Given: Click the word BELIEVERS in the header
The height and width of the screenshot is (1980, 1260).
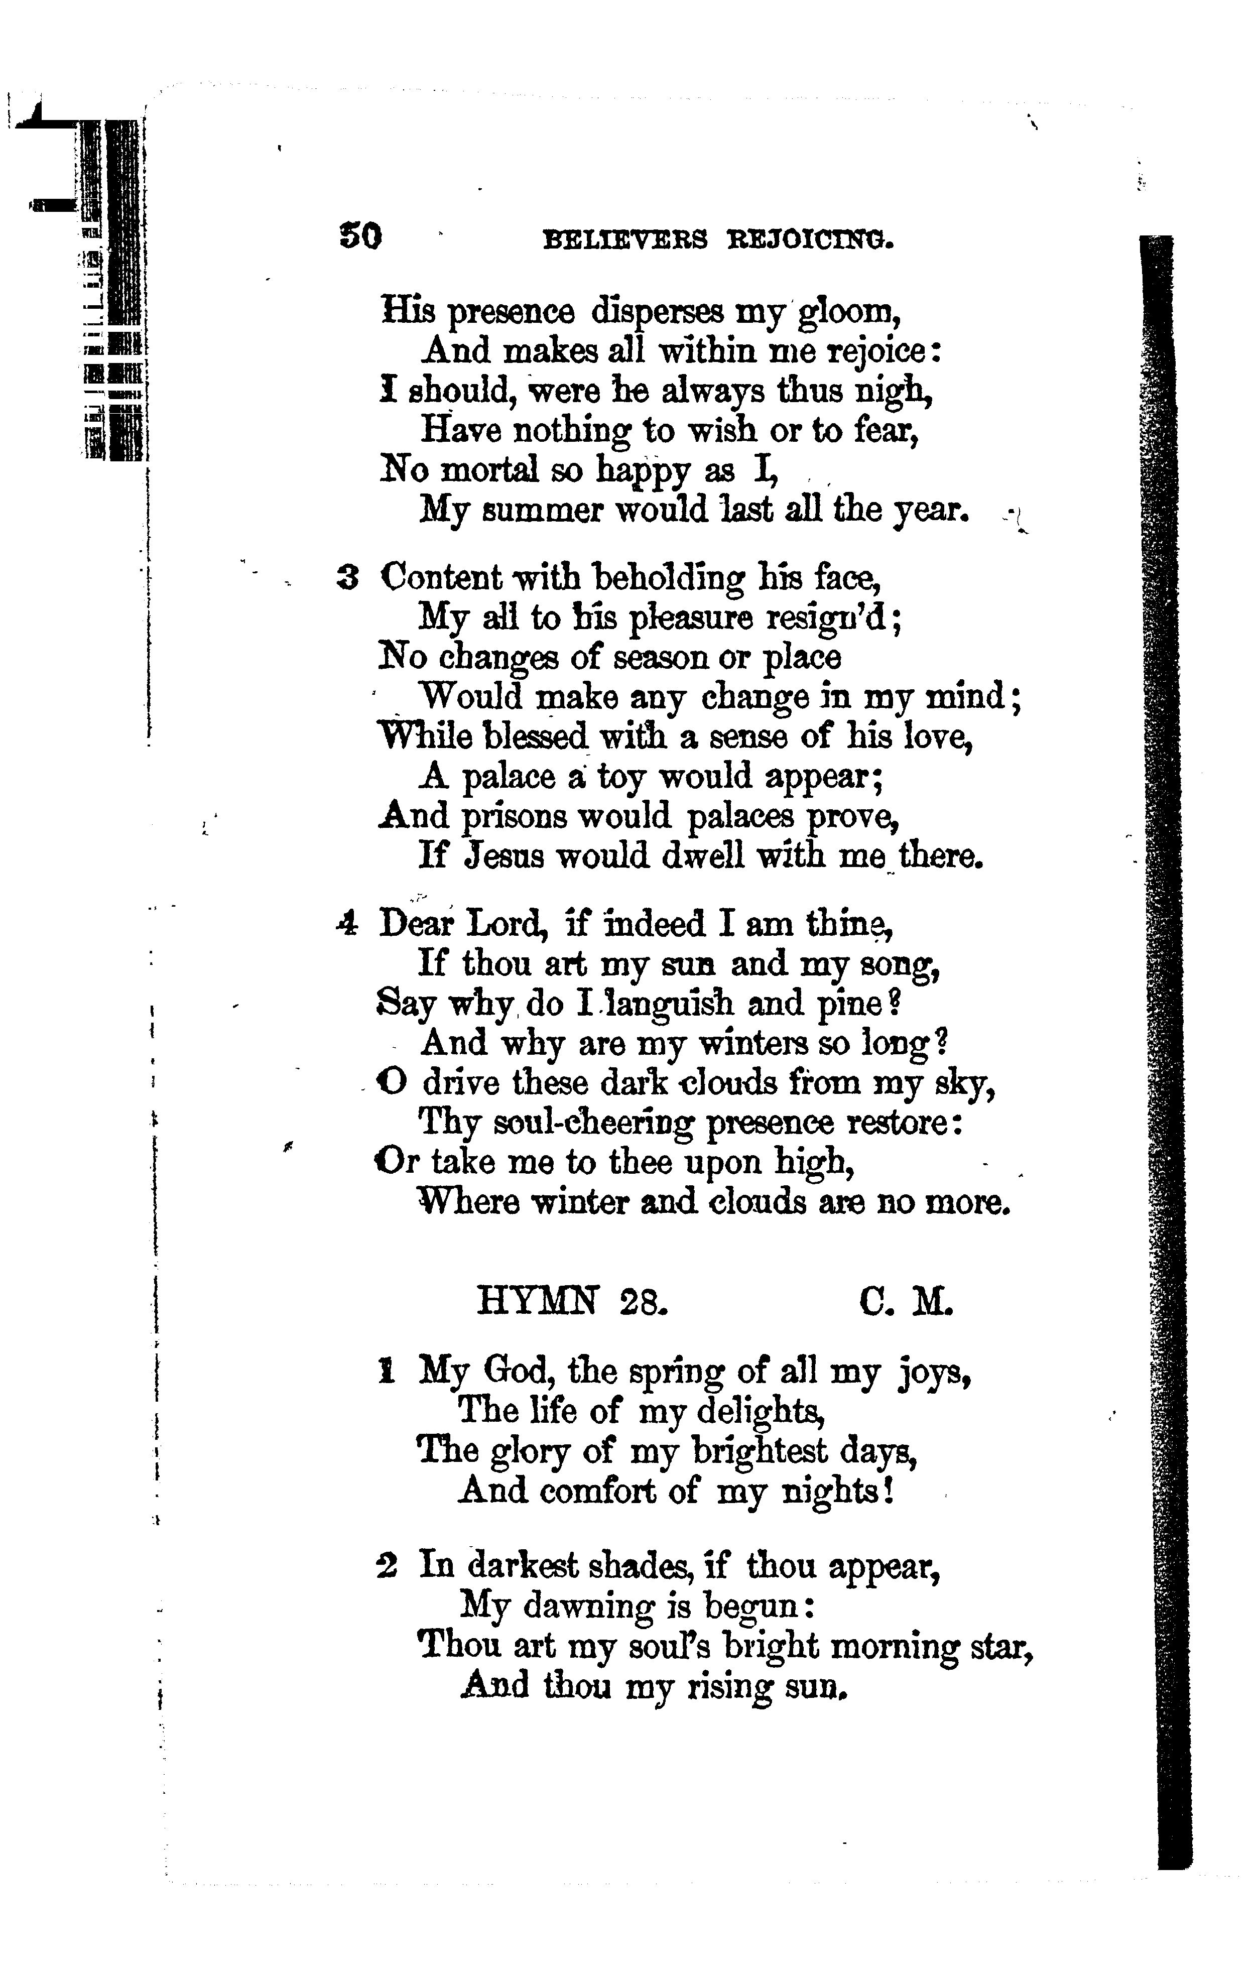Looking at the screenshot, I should coord(625,239).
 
